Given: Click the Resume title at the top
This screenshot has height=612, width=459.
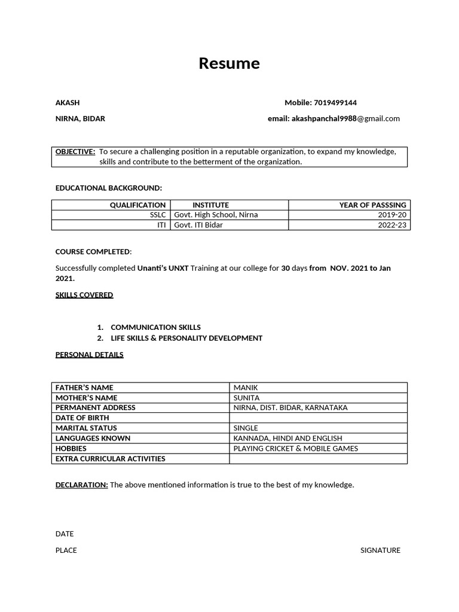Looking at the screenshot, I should click(x=229, y=63).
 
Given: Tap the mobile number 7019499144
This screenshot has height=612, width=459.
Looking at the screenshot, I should click(x=335, y=103).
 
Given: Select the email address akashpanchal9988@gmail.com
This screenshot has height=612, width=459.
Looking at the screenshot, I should click(x=345, y=118).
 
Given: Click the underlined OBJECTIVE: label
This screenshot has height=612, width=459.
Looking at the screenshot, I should click(x=75, y=152).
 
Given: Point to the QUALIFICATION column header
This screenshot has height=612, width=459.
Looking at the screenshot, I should click(x=137, y=205).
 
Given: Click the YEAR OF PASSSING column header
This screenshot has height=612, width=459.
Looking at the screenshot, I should click(x=372, y=205).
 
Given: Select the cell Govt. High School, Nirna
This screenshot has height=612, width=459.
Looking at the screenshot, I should click(x=216, y=215).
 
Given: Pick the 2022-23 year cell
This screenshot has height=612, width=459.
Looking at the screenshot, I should click(x=392, y=225).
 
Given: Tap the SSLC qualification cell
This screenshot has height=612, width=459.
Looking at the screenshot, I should click(x=158, y=215).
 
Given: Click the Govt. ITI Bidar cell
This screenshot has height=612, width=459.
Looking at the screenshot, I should click(x=198, y=225).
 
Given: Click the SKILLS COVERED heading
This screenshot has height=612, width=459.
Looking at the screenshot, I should click(x=84, y=295).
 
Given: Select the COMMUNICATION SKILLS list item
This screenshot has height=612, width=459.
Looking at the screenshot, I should click(x=155, y=328).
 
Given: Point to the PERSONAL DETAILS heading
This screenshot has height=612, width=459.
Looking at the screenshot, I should click(x=90, y=354).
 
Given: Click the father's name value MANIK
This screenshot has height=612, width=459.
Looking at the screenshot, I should click(x=246, y=388).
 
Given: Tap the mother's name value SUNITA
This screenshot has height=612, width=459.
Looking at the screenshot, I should click(x=247, y=397).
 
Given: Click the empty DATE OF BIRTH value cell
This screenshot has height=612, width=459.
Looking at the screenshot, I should click(x=318, y=418).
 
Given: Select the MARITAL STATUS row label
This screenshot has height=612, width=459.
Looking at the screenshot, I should click(x=86, y=428).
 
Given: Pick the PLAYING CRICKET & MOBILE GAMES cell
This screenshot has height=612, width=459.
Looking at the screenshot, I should click(x=296, y=448).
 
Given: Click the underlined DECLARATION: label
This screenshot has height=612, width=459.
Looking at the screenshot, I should click(x=82, y=485).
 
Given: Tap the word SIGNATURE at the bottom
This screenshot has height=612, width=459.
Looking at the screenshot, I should click(x=380, y=550).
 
